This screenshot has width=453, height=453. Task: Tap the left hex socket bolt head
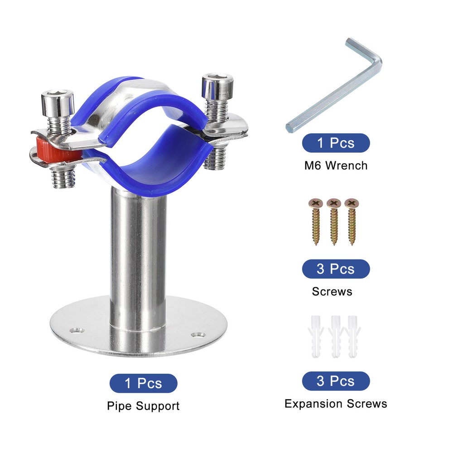point(58,103)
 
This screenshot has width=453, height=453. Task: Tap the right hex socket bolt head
point(217,87)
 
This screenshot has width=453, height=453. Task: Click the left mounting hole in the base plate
point(77,330)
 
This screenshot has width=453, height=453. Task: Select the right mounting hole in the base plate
point(198,335)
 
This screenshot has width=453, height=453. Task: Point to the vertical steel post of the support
point(138,260)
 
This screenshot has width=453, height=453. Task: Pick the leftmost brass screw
point(315,222)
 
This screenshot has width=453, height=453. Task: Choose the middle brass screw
point(334,222)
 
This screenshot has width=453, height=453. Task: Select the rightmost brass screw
point(352,222)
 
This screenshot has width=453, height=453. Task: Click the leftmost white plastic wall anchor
point(316,337)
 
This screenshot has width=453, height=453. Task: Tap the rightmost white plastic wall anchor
point(353,337)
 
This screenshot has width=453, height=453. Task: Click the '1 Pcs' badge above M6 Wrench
point(336,143)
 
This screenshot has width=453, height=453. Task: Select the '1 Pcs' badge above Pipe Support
point(143,383)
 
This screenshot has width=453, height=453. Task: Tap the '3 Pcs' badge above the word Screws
point(336,269)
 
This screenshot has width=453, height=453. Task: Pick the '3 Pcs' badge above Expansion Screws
point(336,381)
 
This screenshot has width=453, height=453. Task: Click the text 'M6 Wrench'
point(336,165)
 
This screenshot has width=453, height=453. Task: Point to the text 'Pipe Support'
point(143,406)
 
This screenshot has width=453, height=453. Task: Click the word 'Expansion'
point(314,404)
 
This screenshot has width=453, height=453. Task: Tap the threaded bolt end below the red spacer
point(63,178)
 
